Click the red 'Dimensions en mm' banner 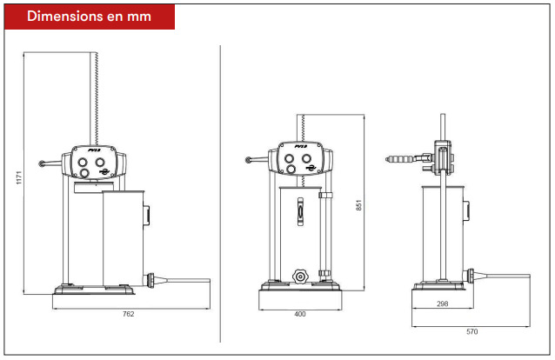(x=90, y=17)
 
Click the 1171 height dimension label (x=19, y=177)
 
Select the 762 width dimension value (x=129, y=314)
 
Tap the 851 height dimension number (x=358, y=205)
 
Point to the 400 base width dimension (x=300, y=314)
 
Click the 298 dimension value (x=443, y=303)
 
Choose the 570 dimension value (x=471, y=331)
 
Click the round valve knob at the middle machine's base (x=300, y=277)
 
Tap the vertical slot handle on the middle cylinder (x=300, y=211)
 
